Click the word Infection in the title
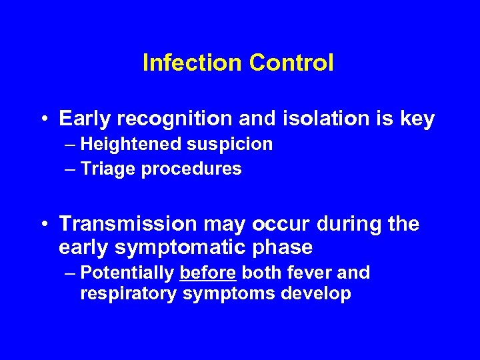[x=193, y=63]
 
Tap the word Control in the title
[x=291, y=63]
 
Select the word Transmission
[x=128, y=225]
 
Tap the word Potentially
[x=127, y=273]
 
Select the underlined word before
[x=208, y=273]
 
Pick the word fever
[x=313, y=273]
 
